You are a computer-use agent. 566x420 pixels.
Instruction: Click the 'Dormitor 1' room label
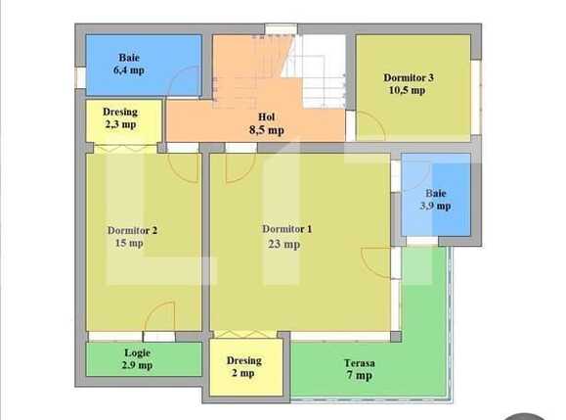point(286,229)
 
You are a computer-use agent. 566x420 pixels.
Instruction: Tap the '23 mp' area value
point(284,245)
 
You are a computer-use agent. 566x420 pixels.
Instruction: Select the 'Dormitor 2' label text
point(132,231)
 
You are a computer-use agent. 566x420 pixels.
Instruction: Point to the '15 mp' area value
point(130,244)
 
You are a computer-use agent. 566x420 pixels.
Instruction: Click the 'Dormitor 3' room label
point(410,77)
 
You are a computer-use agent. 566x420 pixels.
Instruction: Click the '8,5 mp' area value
point(265,128)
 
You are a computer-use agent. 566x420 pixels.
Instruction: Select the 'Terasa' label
point(358,361)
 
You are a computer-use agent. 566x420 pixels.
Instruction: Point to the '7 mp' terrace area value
point(359,375)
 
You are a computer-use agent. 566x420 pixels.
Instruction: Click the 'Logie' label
point(137,352)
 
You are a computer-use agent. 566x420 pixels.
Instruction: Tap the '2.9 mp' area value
point(138,365)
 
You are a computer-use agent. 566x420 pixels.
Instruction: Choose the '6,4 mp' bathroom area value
point(129,70)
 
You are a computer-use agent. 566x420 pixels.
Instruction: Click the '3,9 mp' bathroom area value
point(436,206)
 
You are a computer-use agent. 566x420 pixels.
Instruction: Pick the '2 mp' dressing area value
point(242,373)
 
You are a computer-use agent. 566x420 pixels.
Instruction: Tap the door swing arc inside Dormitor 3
point(369,125)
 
